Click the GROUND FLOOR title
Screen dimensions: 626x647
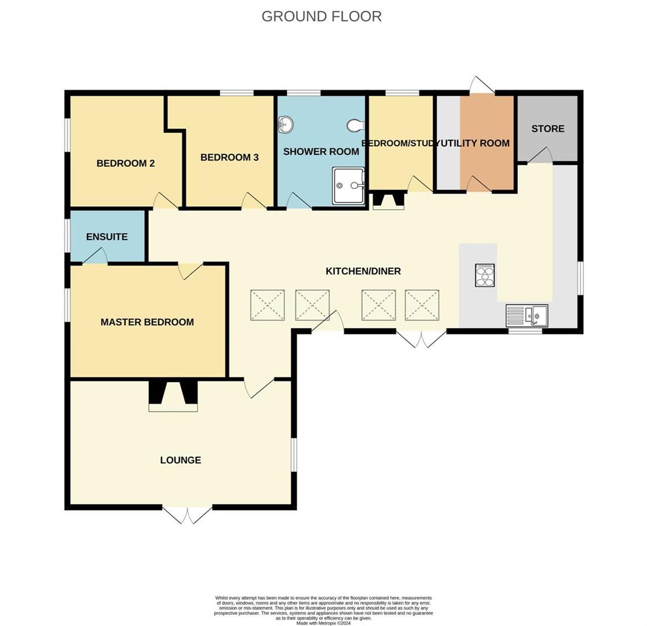click(321, 16)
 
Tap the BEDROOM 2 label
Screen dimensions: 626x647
click(125, 163)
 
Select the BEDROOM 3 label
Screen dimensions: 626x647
click(229, 157)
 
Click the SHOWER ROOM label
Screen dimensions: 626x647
click(321, 152)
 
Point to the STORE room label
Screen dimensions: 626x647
click(547, 129)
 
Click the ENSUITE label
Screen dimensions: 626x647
click(107, 237)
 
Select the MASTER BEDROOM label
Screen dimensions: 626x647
click(147, 322)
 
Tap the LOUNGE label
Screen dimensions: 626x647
click(181, 460)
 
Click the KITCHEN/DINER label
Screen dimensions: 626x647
click(363, 271)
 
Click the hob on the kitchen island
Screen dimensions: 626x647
click(485, 275)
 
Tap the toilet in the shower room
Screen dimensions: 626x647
click(356, 125)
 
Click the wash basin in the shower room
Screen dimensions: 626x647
click(286, 123)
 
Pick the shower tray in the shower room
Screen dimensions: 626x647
click(348, 185)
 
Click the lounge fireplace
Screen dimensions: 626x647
click(173, 396)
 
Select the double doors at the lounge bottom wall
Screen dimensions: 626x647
click(187, 515)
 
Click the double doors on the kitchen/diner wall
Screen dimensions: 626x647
click(421, 339)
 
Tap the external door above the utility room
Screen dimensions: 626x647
click(481, 85)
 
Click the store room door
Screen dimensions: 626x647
click(540, 155)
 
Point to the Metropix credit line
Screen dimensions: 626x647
click(323, 623)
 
